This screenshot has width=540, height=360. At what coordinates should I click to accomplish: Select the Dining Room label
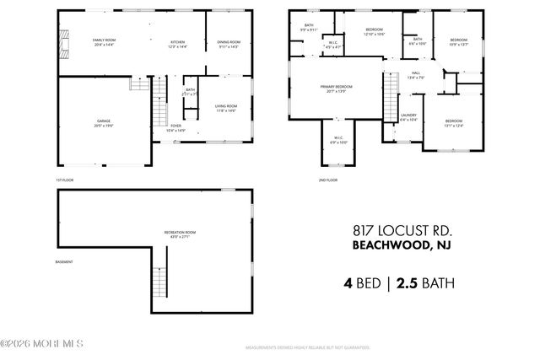click(229, 43)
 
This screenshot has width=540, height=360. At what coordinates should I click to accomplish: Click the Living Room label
click(225, 107)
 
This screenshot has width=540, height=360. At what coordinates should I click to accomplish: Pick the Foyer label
click(175, 128)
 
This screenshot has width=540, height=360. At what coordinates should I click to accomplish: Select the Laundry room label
click(408, 117)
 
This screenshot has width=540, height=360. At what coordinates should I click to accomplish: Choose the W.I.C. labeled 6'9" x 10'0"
click(337, 140)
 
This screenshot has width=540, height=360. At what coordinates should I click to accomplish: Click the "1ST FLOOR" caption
click(66, 180)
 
